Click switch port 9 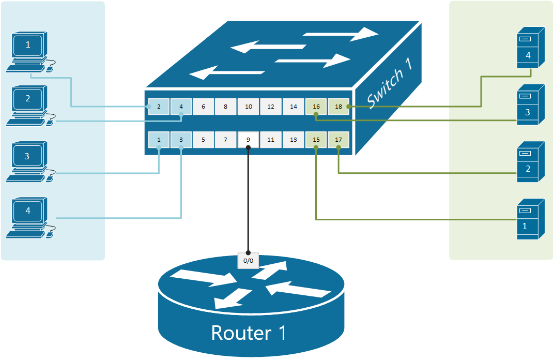(x=248, y=140)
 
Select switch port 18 (x=338, y=107)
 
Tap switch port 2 (x=159, y=107)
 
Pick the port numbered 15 (x=316, y=140)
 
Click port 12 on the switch (x=271, y=107)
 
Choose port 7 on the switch (x=226, y=140)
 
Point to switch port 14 (x=294, y=107)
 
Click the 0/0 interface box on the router (x=248, y=261)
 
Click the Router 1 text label (x=249, y=333)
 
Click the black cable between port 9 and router (x=248, y=202)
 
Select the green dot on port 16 (x=316, y=114)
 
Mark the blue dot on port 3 (x=181, y=147)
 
